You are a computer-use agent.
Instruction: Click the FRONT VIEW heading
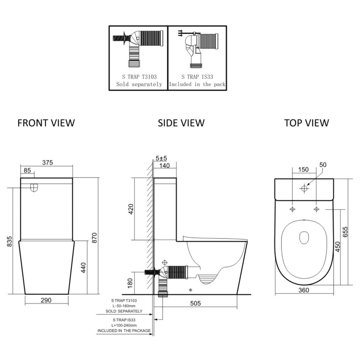[x=46, y=123]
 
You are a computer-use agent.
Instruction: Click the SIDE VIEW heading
[x=181, y=123]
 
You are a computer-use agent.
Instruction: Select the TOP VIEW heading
[x=306, y=123]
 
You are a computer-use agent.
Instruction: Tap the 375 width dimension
[x=47, y=162]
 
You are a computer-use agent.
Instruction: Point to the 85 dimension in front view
[x=27, y=170]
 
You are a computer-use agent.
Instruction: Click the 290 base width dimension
[x=46, y=300]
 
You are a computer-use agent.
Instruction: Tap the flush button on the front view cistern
[x=34, y=188]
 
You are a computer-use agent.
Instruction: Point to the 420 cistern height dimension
[x=131, y=209]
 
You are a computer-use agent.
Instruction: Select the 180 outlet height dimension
[x=130, y=283]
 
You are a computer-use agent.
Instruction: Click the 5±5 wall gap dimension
[x=161, y=158]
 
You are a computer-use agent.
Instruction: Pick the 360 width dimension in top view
[x=304, y=290]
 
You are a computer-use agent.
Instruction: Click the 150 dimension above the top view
[x=303, y=170]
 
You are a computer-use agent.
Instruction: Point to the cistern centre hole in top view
[x=304, y=188]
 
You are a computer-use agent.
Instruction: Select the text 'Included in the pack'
[x=197, y=84]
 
